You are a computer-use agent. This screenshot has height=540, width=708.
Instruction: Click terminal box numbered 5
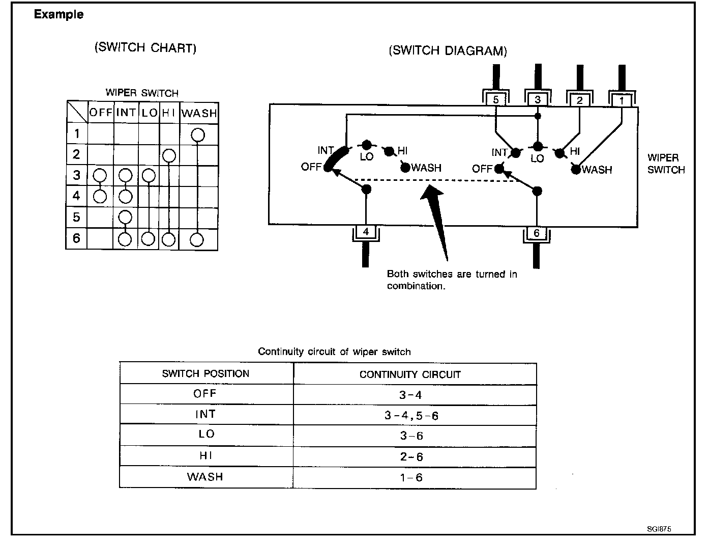tap(496, 100)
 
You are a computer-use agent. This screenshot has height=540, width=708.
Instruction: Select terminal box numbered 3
tap(538, 100)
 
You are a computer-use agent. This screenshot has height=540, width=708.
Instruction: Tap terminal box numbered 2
tap(580, 100)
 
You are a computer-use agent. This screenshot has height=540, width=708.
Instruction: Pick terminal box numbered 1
tap(622, 100)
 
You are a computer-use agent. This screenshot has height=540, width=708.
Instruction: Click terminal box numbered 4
tap(366, 232)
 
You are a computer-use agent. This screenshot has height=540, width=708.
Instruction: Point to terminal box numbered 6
tap(537, 233)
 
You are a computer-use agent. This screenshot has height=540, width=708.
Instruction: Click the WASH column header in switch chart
tap(199, 113)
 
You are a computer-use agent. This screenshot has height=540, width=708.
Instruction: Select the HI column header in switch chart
tap(169, 113)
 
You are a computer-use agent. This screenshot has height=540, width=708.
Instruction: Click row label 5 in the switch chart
tap(76, 218)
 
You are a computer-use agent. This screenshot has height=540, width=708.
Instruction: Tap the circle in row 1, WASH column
tap(198, 135)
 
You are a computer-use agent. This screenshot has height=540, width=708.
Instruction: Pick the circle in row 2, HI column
tap(169, 155)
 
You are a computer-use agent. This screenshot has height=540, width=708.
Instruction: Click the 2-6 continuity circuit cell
tap(411, 457)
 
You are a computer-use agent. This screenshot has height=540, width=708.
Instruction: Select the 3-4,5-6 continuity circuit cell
tap(411, 416)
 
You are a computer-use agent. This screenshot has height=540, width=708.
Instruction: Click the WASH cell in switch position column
tap(205, 477)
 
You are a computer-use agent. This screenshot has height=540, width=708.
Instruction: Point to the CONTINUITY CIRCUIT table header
tap(410, 374)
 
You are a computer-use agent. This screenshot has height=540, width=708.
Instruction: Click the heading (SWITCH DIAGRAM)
tap(448, 51)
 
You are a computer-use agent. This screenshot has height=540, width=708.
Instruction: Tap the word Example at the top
tap(58, 14)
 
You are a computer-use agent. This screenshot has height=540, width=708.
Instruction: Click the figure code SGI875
tap(659, 529)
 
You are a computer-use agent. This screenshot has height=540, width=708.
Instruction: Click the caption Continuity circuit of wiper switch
tap(334, 352)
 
